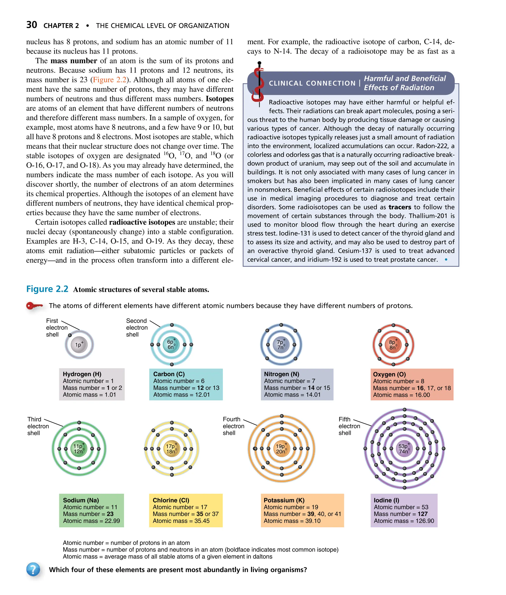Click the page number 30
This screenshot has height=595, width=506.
[32, 25]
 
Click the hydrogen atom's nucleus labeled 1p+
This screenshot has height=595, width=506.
[79, 344]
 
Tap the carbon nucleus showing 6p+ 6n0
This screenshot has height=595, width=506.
[171, 344]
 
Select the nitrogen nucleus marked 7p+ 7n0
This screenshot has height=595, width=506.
[281, 344]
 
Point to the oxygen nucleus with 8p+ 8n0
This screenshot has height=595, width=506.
[393, 344]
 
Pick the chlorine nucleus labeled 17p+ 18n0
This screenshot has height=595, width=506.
[171, 449]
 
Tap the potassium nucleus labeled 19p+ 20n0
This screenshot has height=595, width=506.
[281, 449]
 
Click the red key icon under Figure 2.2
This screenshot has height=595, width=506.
[34, 306]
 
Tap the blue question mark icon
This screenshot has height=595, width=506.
[33, 570]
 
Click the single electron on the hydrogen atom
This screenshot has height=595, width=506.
[70, 335]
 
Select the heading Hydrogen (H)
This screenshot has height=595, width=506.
[82, 374]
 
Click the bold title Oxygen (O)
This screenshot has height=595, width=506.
[389, 374]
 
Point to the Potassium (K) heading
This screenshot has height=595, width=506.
[284, 500]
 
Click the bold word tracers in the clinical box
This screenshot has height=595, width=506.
[400, 207]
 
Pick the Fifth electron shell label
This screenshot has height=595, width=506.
[349, 426]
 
